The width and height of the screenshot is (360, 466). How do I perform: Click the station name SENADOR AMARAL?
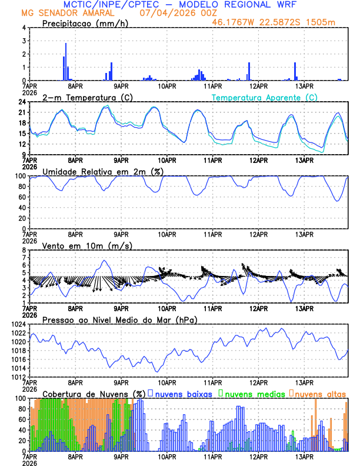76,13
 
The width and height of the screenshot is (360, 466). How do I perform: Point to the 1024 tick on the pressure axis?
18,324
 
